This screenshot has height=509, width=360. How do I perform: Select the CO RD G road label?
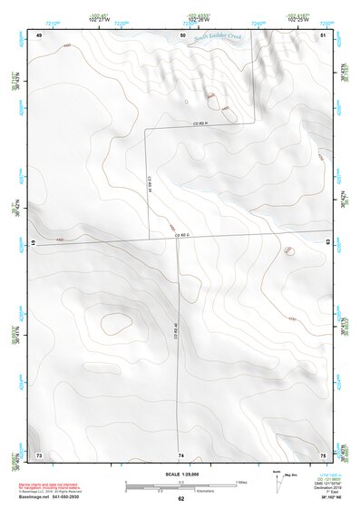(x=187, y=236)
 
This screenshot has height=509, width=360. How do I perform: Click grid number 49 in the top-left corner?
(x=39, y=34)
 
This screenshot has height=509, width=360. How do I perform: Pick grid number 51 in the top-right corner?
(x=324, y=34)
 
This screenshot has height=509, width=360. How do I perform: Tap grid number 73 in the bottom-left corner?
(x=39, y=454)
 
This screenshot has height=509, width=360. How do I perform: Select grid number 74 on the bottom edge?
(x=181, y=454)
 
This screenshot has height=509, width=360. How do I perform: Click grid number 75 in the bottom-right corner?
(x=324, y=454)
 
